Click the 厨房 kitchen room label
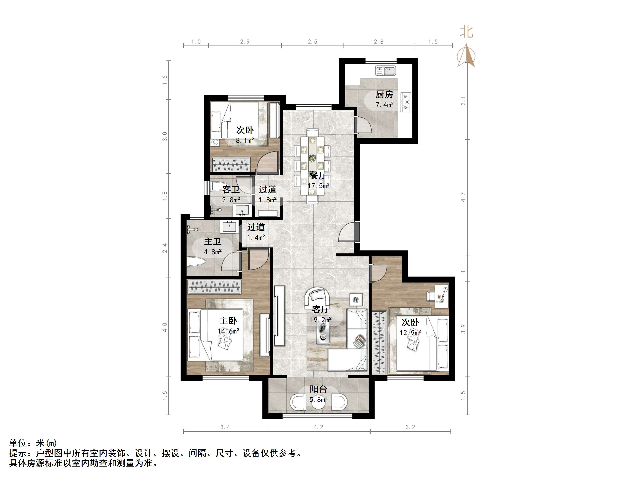[384, 94]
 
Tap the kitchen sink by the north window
[386, 70]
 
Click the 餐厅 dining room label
[318, 175]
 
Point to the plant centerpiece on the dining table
[312, 158]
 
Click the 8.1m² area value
[245, 140]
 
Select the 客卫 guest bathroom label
[231, 190]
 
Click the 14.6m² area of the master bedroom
[228, 331]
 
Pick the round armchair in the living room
[318, 296]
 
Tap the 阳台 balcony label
[318, 389]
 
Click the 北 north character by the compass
[466, 32]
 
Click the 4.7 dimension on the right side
[463, 197]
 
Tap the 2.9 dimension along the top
[245, 42]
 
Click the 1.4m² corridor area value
[256, 238]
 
